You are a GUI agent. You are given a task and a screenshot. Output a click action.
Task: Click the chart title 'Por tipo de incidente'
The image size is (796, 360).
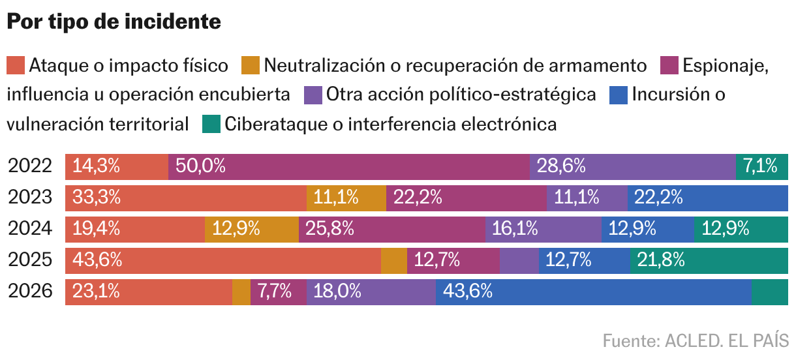point(114,22)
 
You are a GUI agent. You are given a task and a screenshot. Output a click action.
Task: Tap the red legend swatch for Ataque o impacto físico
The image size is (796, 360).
point(16,65)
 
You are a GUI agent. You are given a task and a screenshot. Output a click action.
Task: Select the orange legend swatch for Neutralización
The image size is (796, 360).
point(250,65)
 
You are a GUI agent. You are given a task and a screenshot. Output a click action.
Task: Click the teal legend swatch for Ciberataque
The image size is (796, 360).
point(211,124)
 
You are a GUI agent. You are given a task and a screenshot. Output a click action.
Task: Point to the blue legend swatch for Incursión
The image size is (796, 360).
point(619,95)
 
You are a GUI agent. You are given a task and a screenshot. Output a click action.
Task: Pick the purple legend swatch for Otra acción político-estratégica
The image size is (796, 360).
point(313,95)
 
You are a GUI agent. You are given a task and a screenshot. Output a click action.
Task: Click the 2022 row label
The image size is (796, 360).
point(30,166)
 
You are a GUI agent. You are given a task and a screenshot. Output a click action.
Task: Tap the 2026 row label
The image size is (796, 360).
point(30,291)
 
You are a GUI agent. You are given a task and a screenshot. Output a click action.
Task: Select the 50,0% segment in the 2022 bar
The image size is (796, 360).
point(349,167)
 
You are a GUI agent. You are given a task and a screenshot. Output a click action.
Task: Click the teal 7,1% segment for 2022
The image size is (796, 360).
point(762,167)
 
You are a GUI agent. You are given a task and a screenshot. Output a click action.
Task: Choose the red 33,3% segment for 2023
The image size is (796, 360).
point(186,198)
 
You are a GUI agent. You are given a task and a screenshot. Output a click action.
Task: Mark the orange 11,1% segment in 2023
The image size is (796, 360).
point(346,198)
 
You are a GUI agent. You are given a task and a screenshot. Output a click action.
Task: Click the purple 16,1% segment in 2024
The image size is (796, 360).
point(543,230)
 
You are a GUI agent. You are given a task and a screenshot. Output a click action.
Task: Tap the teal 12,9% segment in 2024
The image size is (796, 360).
point(741,230)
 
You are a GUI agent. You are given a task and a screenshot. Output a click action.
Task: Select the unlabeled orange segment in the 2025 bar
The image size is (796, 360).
point(394,261)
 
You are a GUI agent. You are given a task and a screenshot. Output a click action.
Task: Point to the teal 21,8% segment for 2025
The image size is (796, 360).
point(709,261)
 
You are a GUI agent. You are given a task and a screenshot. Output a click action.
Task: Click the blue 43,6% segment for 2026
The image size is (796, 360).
point(594,292)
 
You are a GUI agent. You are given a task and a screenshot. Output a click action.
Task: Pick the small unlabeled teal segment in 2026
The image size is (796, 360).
point(770,292)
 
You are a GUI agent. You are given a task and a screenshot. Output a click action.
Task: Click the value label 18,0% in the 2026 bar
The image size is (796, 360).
point(337,291)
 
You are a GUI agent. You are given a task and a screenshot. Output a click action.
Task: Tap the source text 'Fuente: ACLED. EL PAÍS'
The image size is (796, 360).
point(696,341)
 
